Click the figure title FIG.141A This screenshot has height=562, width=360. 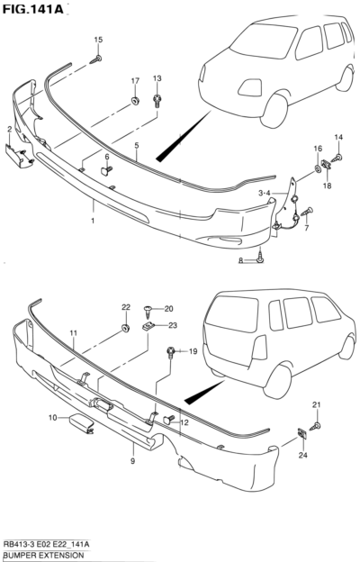click(32, 9)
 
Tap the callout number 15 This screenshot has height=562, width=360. click(98, 40)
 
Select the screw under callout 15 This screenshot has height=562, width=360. click(95, 59)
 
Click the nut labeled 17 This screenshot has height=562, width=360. click(135, 101)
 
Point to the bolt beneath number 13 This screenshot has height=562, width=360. click(157, 101)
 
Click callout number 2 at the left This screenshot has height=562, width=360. click(10, 130)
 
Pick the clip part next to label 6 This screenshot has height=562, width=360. click(106, 170)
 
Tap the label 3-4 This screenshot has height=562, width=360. click(265, 194)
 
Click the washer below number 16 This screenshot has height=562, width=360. click(318, 168)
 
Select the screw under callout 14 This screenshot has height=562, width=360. click(337, 158)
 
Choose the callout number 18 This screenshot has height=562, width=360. click(327, 186)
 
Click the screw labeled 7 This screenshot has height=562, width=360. click(307, 211)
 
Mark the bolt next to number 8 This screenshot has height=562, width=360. click(260, 258)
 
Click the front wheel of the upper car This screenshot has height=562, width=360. click(274, 110)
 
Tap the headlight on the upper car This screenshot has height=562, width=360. click(250, 87)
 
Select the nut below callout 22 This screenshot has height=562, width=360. click(125, 328)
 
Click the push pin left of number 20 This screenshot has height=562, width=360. click(148, 311)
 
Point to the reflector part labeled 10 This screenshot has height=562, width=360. click(81, 423)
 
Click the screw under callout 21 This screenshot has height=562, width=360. click(315, 426)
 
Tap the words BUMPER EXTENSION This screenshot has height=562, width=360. click(43, 556)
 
